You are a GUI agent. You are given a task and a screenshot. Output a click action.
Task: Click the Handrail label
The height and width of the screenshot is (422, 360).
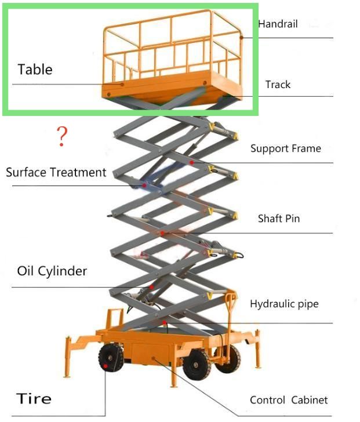coord(278,24)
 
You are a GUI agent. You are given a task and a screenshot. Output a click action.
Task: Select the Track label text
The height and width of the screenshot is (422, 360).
coord(278,85)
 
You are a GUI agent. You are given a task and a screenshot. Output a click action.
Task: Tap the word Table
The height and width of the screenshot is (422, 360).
coord(35,70)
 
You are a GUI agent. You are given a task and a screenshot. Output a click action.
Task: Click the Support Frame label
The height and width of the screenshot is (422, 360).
coord(285,148)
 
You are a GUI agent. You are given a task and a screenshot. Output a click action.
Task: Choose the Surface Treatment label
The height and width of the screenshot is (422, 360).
coord(56,172)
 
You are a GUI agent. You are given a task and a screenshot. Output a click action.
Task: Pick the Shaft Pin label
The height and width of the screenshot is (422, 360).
coord(279,219)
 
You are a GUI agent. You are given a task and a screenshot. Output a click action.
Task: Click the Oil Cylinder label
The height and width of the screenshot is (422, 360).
coord(52,271)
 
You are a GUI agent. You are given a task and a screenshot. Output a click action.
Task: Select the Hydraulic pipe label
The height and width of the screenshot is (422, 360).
coord(284,304)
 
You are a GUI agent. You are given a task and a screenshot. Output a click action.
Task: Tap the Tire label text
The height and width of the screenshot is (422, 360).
coord(34,399)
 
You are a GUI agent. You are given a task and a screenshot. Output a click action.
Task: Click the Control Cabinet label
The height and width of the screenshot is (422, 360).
coord(289,400)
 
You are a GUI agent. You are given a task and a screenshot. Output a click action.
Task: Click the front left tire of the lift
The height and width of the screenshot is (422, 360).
coord(110,358)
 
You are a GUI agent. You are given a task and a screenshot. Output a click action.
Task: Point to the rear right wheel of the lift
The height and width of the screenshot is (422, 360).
coord(228,358)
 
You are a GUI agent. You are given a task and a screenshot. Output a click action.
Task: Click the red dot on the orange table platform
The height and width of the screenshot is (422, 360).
coord(122,84)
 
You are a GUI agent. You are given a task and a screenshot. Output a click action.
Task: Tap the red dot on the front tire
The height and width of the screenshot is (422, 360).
coord(106,366)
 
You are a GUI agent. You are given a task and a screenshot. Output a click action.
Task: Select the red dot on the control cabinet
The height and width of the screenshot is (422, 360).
coord(153,359)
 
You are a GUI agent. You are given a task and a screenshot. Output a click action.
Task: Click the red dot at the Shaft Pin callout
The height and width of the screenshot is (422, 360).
coord(163,233)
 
